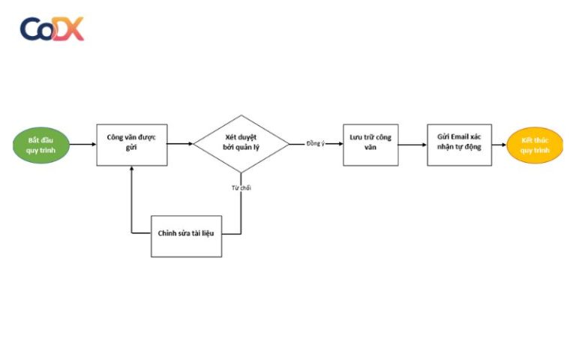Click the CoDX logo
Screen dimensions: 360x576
[52, 28]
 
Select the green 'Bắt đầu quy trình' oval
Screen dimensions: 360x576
[42, 145]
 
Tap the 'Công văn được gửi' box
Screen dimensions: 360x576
[132, 145]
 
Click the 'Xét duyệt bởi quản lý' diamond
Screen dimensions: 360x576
[241, 143]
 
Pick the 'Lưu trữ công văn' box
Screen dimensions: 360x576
[370, 145]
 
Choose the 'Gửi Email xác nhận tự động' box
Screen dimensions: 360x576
[459, 145]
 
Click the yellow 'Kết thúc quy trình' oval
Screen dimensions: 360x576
[535, 145]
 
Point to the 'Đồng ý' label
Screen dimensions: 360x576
[316, 144]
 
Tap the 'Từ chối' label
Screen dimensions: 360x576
[241, 187]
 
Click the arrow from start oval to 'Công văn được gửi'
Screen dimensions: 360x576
[82, 145]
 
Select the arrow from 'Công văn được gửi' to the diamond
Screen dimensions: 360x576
[180, 144]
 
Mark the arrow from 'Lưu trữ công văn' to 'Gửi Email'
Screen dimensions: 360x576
[412, 145]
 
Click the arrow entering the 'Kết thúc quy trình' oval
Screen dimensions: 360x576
[499, 145]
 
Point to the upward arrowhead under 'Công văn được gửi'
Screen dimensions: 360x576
[132, 169]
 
